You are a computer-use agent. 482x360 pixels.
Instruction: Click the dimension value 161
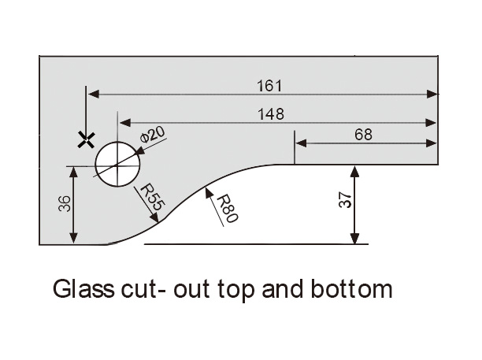tap(269, 86)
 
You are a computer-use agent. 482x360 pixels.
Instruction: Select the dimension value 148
tap(271, 114)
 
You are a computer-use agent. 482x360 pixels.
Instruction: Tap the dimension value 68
tap(363, 135)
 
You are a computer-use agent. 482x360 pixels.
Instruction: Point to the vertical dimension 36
tap(65, 204)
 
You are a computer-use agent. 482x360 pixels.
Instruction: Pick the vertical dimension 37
tap(345, 200)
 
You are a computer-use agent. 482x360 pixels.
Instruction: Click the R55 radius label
tap(153, 197)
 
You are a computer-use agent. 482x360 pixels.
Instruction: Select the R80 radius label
tap(228, 209)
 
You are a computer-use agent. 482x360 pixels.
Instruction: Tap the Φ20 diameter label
tap(153, 135)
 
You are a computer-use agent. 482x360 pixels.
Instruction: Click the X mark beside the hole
tap(86, 140)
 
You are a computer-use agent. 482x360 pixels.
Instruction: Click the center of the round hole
tap(117, 164)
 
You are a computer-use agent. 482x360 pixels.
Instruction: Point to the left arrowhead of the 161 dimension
tap(94, 94)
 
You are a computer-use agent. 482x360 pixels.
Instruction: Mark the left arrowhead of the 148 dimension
tap(125, 123)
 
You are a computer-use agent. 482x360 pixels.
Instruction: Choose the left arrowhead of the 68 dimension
tap(301, 143)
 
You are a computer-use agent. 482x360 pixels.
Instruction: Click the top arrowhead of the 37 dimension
tap(354, 172)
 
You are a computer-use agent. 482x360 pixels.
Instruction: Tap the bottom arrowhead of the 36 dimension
tap(73, 238)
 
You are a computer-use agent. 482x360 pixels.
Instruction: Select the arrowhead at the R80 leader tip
tap(209, 192)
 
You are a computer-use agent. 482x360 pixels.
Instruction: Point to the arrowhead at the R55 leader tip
tap(154, 217)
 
